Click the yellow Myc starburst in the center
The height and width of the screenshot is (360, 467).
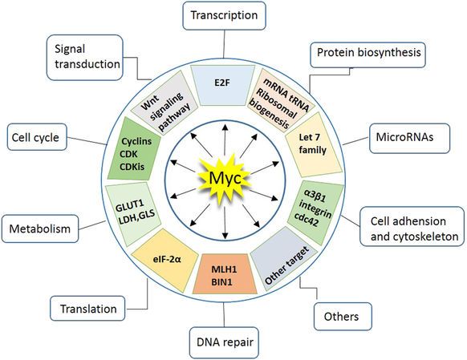(225, 179)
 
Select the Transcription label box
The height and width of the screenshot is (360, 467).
(224, 16)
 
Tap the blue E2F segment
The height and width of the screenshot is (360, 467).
(222, 85)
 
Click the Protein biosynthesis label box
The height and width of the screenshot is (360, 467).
(368, 55)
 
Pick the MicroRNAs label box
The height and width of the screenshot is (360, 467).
(409, 139)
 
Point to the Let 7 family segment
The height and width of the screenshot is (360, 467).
(313, 144)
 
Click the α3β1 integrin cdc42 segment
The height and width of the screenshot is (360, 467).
(315, 212)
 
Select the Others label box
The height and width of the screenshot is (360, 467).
(343, 317)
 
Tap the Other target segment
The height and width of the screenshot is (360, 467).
(284, 258)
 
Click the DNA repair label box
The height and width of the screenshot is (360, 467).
(224, 342)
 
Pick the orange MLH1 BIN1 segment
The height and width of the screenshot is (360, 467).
(225, 273)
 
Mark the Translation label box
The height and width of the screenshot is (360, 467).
(87, 308)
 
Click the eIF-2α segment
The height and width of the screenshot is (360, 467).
(164, 261)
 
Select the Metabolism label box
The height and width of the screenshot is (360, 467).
(40, 229)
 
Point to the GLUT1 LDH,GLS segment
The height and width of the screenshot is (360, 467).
(133, 214)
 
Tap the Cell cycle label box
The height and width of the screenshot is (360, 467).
(37, 137)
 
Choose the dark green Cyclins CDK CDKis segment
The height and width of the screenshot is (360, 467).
(134, 148)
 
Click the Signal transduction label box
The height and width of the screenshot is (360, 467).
(85, 58)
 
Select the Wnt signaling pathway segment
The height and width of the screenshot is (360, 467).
(164, 103)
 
